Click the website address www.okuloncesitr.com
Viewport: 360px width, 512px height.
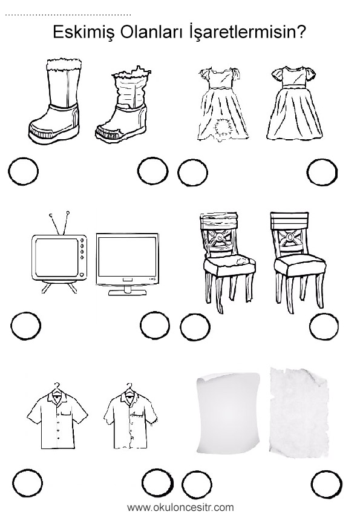coord(180,507)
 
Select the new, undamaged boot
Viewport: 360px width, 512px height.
coord(55,100)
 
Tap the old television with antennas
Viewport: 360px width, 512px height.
coord(59,252)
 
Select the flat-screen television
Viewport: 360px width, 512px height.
coord(127,264)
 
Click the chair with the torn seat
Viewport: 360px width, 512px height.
coord(227,262)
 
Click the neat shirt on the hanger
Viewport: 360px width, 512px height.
coord(57,416)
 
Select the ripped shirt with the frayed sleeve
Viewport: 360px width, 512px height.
coord(131,416)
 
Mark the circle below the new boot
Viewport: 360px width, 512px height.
coord(23,171)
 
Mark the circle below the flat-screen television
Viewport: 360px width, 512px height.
coord(155,325)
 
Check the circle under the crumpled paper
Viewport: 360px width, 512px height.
coord(326,484)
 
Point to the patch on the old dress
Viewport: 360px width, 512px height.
coord(221,128)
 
